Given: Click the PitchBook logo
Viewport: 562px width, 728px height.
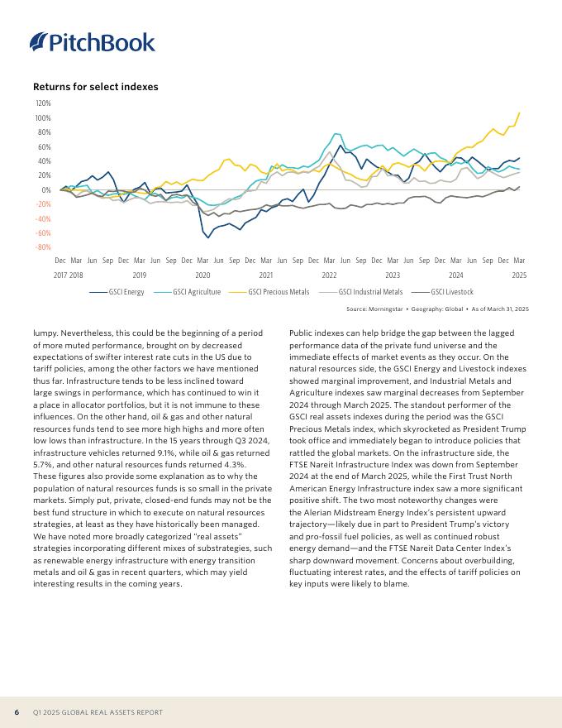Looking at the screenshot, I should pos(92,42).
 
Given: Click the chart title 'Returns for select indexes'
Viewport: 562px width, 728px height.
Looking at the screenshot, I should pos(95,87).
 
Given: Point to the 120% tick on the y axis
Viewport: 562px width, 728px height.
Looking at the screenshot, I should pos(42,104).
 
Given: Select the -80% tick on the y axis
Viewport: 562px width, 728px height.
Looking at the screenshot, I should pos(42,247).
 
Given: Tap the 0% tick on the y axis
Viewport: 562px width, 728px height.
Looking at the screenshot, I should pos(46,190).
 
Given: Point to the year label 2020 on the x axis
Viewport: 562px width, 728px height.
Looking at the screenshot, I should pos(202,274).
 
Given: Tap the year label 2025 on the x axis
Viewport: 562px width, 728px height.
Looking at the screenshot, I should pos(519,274).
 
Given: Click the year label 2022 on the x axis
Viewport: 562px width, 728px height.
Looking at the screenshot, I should pos(329,274).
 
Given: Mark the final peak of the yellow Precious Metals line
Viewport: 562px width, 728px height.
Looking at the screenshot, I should pos(520,113).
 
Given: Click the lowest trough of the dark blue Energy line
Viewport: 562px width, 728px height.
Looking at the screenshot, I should pos(208,237).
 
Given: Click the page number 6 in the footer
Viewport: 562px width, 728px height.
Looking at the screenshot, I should pos(17,712).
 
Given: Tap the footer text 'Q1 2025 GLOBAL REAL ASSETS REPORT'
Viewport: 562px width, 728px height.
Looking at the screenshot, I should pos(98,712).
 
